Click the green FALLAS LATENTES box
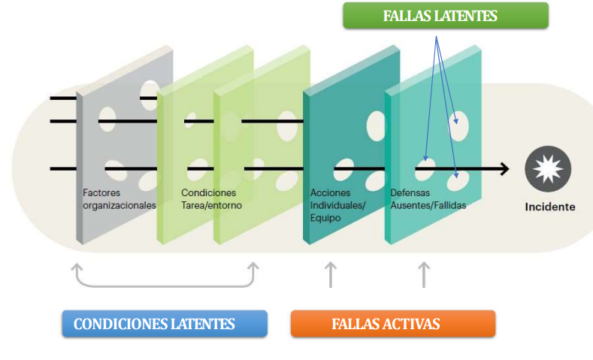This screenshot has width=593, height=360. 445,16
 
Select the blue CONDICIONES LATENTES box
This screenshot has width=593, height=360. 164,324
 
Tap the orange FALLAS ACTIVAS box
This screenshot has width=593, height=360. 392,324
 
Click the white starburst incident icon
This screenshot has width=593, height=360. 543,168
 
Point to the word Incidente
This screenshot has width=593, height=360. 549,207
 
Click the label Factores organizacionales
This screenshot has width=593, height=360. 119,199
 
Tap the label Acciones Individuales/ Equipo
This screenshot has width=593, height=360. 337,205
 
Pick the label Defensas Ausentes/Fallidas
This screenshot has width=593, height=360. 428,199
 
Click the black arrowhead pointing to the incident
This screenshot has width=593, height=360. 503,169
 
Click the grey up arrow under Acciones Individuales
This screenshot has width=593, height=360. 329,274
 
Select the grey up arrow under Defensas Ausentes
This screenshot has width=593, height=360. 423,274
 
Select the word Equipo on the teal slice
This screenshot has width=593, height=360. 325,218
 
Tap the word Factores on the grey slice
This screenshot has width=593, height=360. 101,193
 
